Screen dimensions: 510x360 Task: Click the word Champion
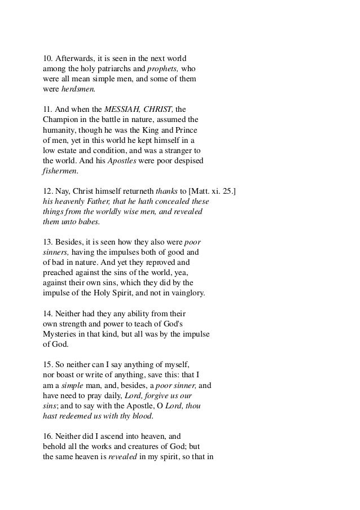pyautogui.click(x=62, y=120)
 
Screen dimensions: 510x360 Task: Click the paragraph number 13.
pyautogui.click(x=49, y=242)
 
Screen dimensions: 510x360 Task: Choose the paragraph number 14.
pyautogui.click(x=49, y=314)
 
